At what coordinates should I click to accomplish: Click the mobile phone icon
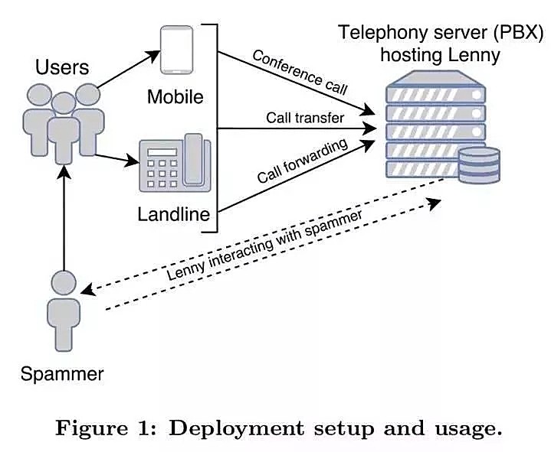coord(175,52)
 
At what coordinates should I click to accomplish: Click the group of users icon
coord(62,122)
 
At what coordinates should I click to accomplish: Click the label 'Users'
coord(62,67)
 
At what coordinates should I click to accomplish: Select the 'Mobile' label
coord(175,97)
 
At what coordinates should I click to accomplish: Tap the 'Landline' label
coord(174,213)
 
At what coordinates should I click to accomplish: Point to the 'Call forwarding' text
coord(303,161)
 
